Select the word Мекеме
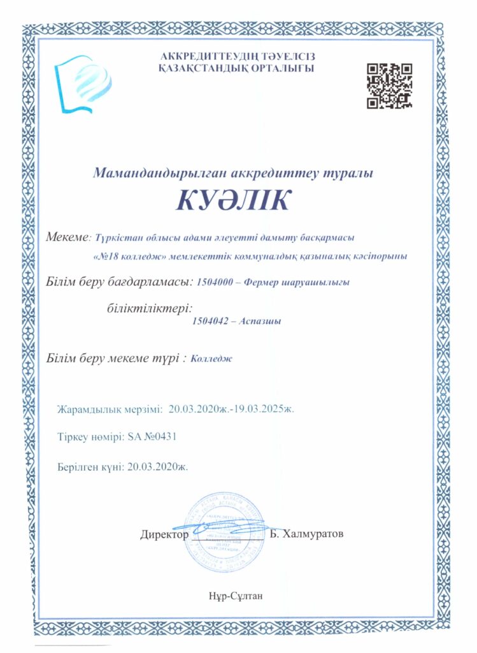[68, 238]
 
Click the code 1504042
[211, 321]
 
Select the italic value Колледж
[211, 358]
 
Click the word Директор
[164, 534]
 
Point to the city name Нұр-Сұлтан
[234, 596]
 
